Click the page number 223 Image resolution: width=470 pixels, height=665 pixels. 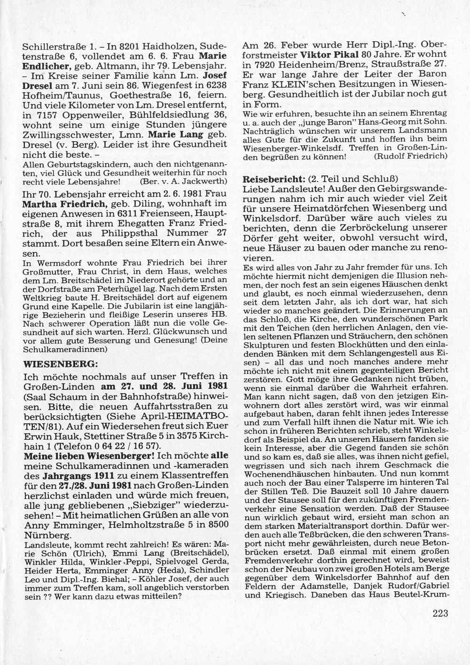pyautogui.click(x=438, y=612)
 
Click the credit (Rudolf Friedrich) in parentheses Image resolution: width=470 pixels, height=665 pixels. pyautogui.click(x=410, y=156)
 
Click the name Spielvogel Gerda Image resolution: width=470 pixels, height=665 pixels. pyautogui.click(x=200, y=562)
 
